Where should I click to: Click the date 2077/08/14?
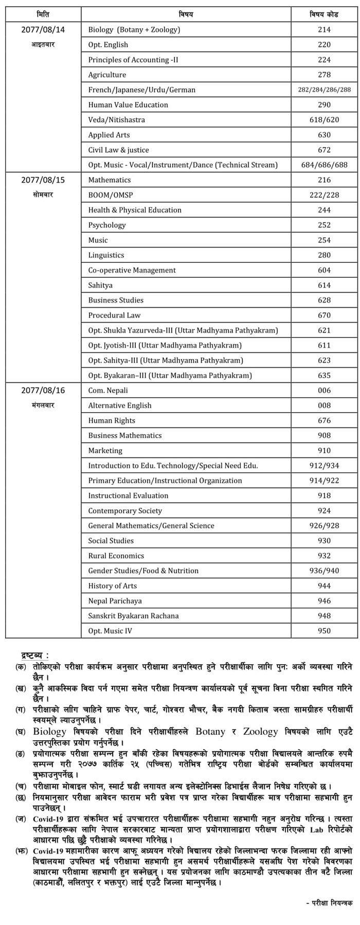click(x=43, y=30)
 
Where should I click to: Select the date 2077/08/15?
click(x=43, y=180)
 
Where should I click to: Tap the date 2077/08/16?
click(x=43, y=390)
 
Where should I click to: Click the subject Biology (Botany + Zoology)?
click(x=134, y=30)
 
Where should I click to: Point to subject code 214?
click(x=324, y=30)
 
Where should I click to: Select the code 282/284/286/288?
click(x=324, y=90)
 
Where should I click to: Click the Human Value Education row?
click(x=128, y=105)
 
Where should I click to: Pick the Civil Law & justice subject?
click(x=118, y=150)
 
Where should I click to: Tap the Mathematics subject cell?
click(x=110, y=180)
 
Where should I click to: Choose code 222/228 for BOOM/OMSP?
click(x=324, y=195)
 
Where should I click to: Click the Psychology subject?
click(x=107, y=225)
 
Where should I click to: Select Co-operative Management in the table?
click(x=132, y=271)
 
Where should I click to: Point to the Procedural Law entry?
click(x=114, y=315)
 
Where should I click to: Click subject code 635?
click(x=324, y=376)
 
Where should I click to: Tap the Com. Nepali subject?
click(x=108, y=390)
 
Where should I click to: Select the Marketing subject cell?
click(x=105, y=451)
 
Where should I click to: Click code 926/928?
click(x=324, y=526)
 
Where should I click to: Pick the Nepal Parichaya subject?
click(x=115, y=601)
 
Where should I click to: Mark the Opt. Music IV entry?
click(x=110, y=631)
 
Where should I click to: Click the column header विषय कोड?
click(x=324, y=14)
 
